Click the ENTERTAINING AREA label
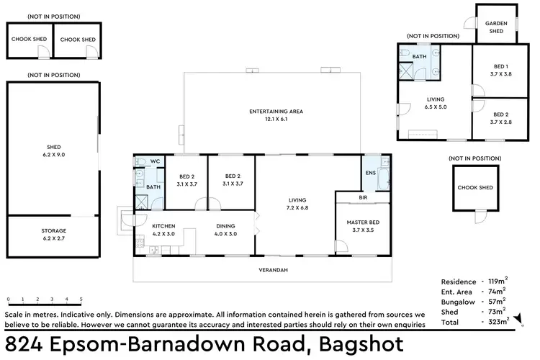[x=276, y=112]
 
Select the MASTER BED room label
[x=363, y=222]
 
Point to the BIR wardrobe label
[x=363, y=196]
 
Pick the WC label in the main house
[x=153, y=162]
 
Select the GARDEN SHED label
[x=495, y=26]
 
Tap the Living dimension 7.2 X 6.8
[x=297, y=207]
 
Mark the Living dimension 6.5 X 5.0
[x=435, y=107]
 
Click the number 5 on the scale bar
[x=81, y=298]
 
